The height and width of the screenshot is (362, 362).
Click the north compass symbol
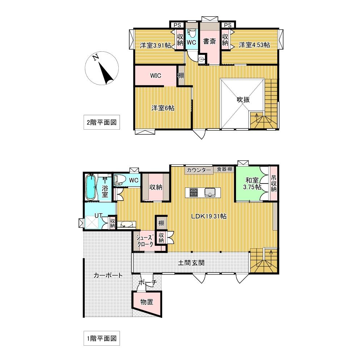(102, 68)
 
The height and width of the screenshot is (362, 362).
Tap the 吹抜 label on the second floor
(243, 100)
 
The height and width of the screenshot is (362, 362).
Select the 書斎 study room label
(209, 41)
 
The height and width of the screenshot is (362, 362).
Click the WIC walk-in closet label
(156, 76)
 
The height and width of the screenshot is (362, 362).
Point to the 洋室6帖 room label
(163, 108)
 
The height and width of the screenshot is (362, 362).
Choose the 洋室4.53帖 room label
(254, 45)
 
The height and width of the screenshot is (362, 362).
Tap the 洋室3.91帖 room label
(155, 45)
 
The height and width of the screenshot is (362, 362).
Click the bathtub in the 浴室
(90, 187)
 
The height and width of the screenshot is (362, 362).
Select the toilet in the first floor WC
(119, 180)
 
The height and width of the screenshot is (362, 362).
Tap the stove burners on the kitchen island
(193, 193)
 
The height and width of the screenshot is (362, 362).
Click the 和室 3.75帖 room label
(252, 183)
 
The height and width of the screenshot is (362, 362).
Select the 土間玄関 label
(191, 263)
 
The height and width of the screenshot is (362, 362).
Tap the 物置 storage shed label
(147, 302)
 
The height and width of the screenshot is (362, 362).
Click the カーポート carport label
(108, 275)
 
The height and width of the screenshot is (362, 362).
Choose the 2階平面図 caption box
(102, 122)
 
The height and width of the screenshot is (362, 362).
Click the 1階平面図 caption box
(102, 338)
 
